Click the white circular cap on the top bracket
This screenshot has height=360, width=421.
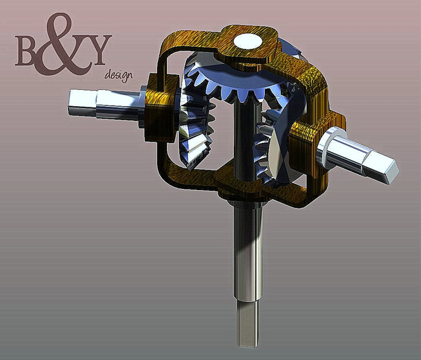point(248,40)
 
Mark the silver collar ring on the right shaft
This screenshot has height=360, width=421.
point(329,147)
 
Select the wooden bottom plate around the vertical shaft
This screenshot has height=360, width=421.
point(247,188)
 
